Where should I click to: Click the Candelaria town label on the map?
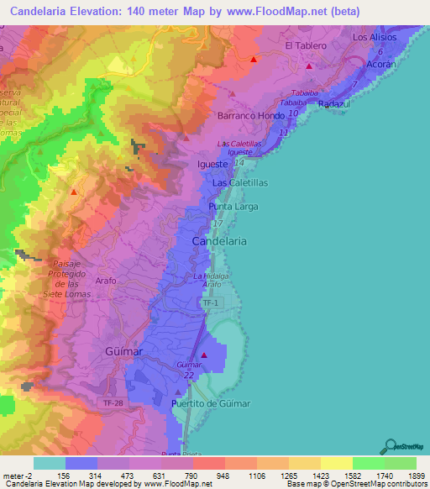(x=219, y=240)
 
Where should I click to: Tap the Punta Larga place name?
(x=233, y=206)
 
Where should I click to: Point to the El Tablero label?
(x=304, y=45)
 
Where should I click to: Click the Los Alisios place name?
(x=373, y=37)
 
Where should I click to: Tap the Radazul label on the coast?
(x=336, y=103)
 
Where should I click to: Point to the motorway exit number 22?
(x=188, y=376)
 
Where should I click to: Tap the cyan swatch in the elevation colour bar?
(x=49, y=463)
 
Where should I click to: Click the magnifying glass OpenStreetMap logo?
(x=389, y=445)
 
